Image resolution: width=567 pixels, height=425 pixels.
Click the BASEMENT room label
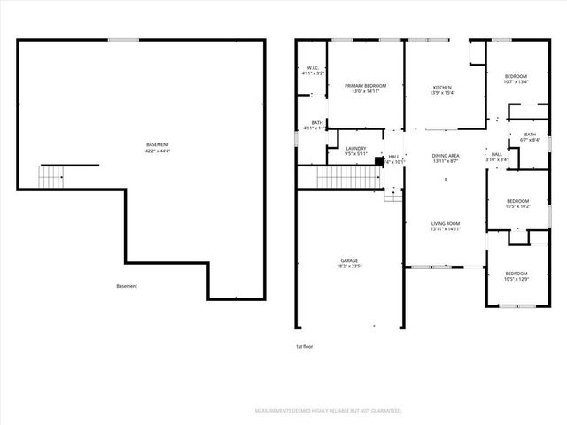click(x=158, y=144)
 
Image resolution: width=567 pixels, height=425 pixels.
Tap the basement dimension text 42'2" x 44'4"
click(x=158, y=151)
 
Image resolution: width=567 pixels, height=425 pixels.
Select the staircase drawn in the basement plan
click(x=51, y=176)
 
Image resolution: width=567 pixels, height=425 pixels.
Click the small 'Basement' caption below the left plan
click(x=127, y=286)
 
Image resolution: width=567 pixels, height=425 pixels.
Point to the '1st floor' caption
click(x=304, y=346)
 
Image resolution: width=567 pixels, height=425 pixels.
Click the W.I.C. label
click(x=313, y=68)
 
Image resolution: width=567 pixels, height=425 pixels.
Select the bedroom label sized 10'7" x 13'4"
click(x=516, y=77)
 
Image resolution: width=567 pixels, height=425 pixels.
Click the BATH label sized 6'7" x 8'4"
click(x=530, y=135)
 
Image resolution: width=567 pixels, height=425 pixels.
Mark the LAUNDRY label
click(x=356, y=148)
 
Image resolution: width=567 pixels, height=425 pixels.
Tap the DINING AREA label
click(x=445, y=155)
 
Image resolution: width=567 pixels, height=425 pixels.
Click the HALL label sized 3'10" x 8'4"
click(x=496, y=155)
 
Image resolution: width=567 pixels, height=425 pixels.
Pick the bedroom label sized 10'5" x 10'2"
click(x=517, y=201)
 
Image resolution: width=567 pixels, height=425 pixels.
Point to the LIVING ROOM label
click(x=445, y=223)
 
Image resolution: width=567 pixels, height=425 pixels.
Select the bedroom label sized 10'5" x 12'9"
click(x=516, y=274)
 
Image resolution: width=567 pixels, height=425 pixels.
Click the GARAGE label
click(x=348, y=260)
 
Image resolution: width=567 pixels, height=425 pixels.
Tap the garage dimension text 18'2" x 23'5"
click(x=348, y=266)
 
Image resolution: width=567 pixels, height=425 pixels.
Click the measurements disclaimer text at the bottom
click(x=329, y=411)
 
